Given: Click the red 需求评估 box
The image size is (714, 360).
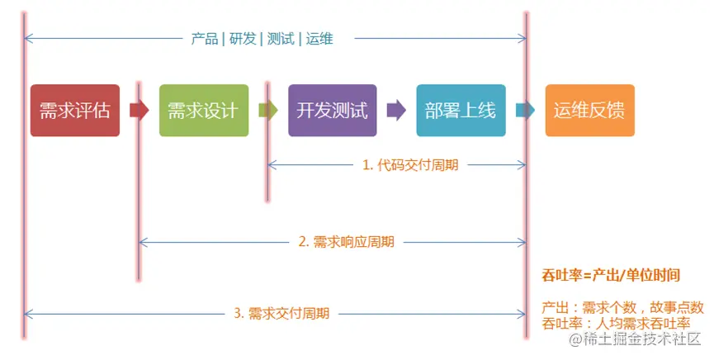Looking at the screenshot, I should point(74,110).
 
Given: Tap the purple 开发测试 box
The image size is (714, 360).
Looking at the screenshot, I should point(332,110).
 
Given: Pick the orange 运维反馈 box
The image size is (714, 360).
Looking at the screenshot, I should point(589,110).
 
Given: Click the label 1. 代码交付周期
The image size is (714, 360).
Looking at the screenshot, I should point(409,164).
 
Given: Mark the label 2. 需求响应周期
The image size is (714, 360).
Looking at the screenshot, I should point(346,242).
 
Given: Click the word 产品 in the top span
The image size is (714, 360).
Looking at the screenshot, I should point(204,38).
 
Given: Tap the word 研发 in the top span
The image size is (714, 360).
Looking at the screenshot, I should point(241,38).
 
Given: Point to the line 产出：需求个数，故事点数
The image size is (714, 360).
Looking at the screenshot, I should point(622,307).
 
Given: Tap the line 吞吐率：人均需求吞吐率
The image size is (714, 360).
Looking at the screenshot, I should point(616,323).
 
